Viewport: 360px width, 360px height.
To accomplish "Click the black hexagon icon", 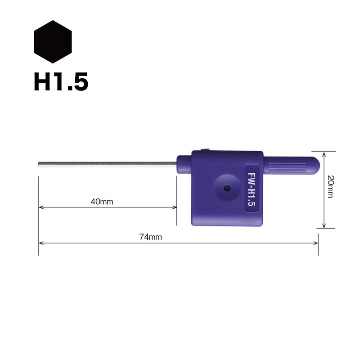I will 53,42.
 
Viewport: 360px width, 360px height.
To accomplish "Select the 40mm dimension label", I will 102,202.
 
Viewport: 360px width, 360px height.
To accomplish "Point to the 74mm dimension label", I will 150,237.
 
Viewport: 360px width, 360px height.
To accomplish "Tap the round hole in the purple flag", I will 227,189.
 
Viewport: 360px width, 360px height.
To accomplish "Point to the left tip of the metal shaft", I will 40,165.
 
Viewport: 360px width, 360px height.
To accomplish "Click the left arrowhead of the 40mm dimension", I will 41,207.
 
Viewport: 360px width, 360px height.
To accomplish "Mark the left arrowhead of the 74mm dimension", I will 41,243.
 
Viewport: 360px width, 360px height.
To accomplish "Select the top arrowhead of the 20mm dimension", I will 324,153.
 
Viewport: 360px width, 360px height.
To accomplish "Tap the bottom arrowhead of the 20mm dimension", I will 324,225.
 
